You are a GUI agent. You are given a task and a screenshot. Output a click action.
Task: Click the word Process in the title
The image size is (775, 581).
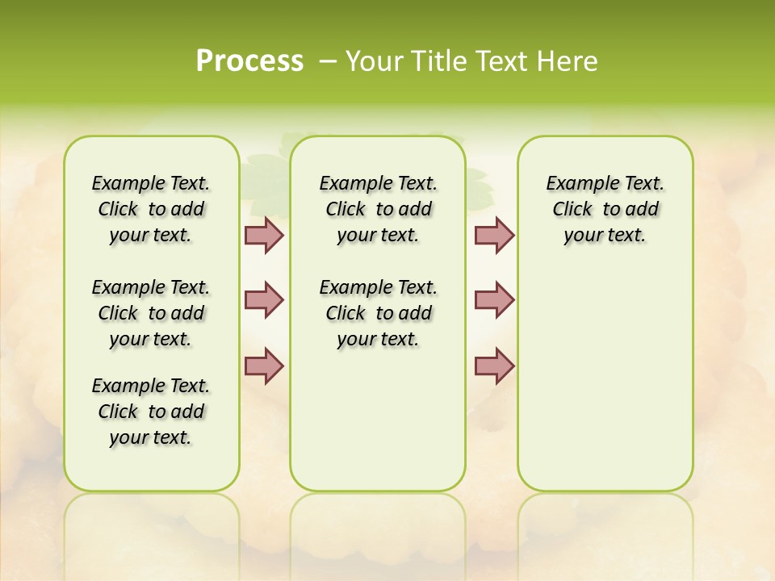tap(249, 61)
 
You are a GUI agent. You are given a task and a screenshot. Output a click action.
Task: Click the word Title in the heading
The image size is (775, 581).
tap(436, 61)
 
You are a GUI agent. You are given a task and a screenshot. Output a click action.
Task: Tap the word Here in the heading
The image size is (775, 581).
tap(569, 61)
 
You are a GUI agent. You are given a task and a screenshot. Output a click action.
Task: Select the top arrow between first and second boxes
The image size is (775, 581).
tap(264, 235)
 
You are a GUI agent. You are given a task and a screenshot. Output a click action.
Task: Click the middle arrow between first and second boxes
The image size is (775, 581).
tap(264, 299)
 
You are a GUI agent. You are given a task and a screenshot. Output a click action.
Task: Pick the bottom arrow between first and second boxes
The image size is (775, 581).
tap(264, 366)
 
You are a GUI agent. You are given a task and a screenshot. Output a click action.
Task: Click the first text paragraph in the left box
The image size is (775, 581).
tap(151, 209)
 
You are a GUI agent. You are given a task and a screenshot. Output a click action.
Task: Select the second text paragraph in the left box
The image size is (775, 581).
tap(151, 313)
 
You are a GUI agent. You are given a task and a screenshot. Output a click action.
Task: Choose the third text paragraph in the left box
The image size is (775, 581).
tap(151, 412)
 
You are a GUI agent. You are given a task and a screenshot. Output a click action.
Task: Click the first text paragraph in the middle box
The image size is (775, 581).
tap(379, 209)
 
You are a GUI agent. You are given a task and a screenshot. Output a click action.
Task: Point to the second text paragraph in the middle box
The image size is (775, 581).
tap(379, 313)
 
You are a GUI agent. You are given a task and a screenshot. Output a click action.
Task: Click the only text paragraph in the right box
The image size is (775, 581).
tap(605, 209)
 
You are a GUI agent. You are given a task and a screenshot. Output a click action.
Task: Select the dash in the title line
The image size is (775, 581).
tap(328, 61)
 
